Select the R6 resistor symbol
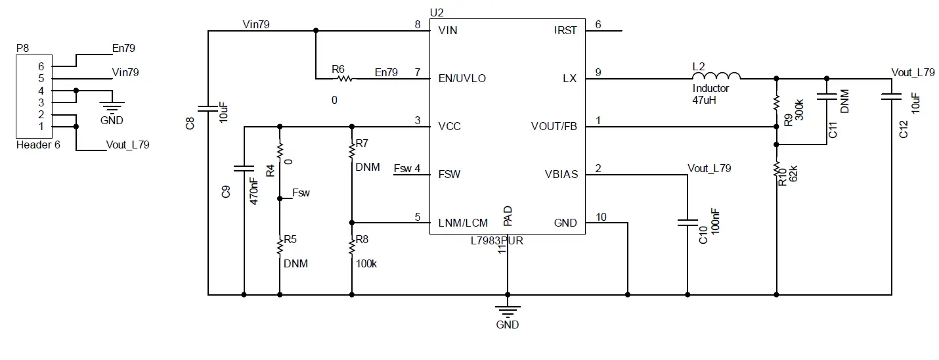tap(344, 79)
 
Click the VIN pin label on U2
tap(448, 30)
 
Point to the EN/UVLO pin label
tap(462, 79)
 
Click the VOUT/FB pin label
tap(554, 127)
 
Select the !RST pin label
tap(565, 30)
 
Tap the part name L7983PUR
tap(496, 241)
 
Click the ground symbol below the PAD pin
tap(507, 311)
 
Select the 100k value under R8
tap(366, 264)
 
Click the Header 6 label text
tap(37, 145)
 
